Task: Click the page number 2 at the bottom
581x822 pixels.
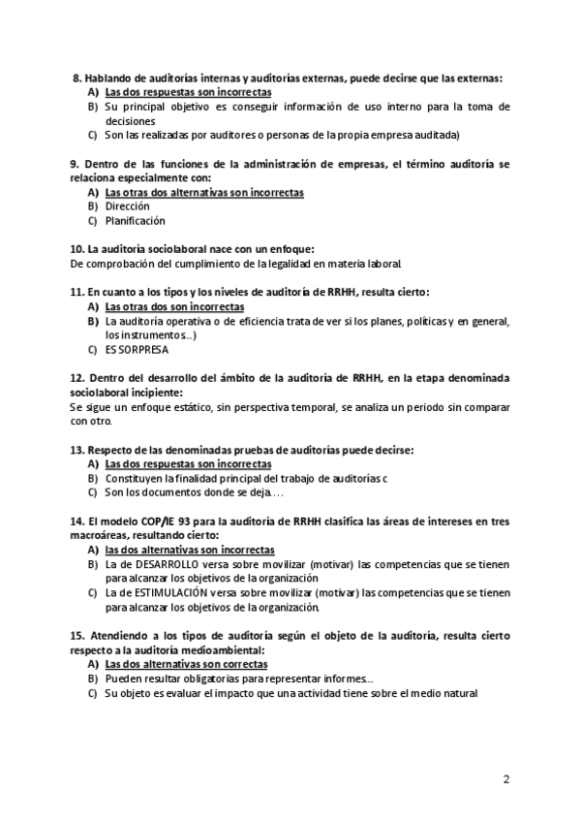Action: coord(505,778)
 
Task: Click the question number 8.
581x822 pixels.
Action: coord(76,78)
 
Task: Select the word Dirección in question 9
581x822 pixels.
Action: coord(127,206)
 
